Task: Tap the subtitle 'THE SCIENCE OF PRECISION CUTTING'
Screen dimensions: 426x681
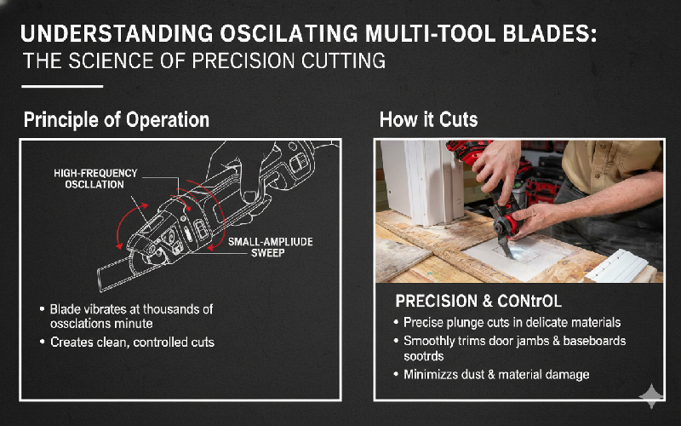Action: (204, 61)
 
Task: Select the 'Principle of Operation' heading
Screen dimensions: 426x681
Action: (117, 119)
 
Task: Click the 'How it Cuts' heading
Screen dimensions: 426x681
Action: (428, 119)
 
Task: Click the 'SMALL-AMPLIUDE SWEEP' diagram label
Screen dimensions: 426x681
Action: (270, 247)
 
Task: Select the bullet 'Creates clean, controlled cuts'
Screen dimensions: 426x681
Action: (132, 343)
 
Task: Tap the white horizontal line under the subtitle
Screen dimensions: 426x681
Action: (62, 86)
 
